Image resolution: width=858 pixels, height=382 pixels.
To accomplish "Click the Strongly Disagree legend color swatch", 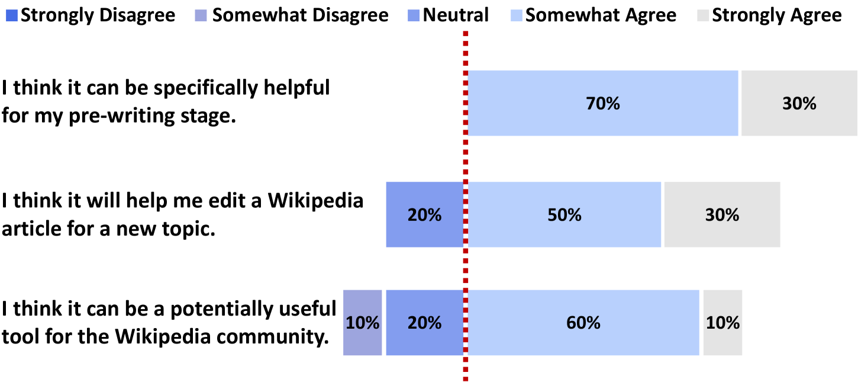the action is tap(12, 15).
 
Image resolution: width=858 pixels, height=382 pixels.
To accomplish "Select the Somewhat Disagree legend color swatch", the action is tap(201, 15).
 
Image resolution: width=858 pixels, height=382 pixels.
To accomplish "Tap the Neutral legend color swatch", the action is tap(414, 15).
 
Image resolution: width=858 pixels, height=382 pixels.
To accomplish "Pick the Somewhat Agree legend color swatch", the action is tap(517, 15).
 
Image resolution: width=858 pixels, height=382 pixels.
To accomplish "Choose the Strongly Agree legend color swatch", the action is tap(703, 15).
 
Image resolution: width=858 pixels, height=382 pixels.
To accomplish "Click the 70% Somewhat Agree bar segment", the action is tap(603, 103).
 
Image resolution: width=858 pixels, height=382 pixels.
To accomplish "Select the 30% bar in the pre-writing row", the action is tap(799, 103).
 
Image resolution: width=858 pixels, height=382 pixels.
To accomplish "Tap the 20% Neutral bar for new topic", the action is tap(425, 214).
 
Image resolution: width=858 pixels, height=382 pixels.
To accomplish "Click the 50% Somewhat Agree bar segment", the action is tap(565, 214).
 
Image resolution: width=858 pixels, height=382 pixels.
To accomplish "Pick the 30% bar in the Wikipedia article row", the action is tap(722, 214).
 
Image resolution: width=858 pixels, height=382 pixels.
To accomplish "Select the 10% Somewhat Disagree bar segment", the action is tap(362, 323).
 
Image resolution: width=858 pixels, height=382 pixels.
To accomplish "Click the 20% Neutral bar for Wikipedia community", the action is tap(425, 323).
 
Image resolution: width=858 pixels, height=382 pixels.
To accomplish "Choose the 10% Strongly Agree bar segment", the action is tap(722, 323).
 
